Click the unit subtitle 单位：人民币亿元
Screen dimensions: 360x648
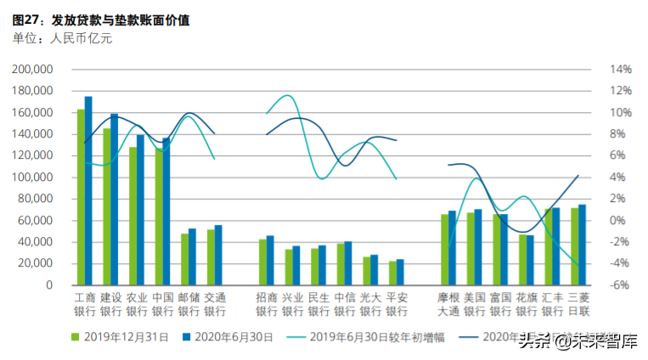(x=63, y=37)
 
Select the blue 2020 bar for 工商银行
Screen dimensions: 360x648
(x=88, y=190)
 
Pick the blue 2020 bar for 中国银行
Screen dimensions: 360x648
(x=166, y=211)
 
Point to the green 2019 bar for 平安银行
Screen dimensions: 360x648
(x=392, y=273)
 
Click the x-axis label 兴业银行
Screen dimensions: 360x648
(x=292, y=304)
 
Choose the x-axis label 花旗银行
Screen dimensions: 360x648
(x=527, y=304)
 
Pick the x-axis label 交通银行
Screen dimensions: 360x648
(x=216, y=304)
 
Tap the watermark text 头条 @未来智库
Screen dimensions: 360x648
(x=577, y=342)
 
